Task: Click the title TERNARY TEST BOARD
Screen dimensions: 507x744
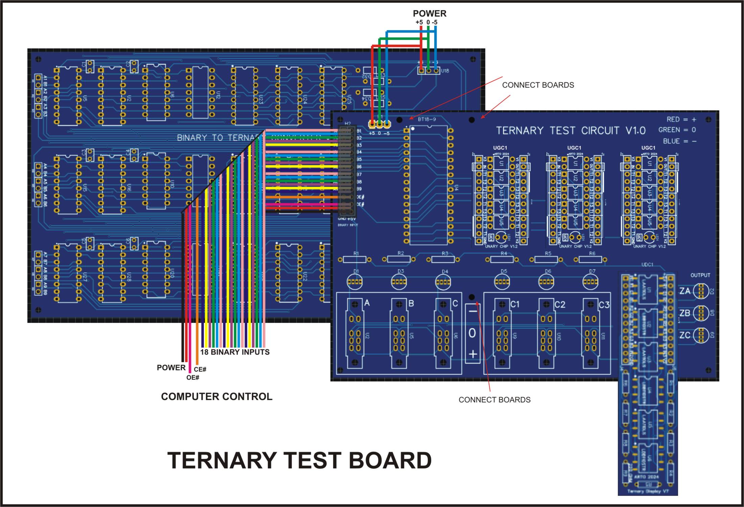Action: click(x=299, y=461)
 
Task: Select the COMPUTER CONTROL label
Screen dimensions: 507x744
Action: click(x=216, y=396)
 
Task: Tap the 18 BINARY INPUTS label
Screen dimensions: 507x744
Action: click(x=235, y=352)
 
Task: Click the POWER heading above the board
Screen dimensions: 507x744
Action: click(x=429, y=14)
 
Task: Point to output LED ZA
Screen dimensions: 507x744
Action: click(x=701, y=291)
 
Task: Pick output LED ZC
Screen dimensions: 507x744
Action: click(x=701, y=335)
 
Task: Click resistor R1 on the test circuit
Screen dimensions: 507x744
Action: click(x=355, y=260)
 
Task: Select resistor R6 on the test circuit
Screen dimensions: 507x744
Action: click(x=590, y=260)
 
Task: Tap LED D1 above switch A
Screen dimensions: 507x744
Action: click(x=355, y=282)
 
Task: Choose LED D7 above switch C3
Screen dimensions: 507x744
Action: click(x=590, y=282)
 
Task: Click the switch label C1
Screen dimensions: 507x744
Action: click(x=514, y=304)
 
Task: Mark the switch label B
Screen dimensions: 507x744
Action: click(x=411, y=303)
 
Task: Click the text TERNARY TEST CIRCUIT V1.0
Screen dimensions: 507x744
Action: click(x=571, y=130)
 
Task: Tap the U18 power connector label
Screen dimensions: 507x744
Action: click(x=445, y=71)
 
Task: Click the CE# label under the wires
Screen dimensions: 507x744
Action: click(x=200, y=369)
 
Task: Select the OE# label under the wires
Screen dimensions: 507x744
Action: click(x=193, y=377)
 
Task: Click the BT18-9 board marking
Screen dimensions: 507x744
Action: click(x=427, y=119)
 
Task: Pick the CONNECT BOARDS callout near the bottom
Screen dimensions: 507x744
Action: click(x=494, y=400)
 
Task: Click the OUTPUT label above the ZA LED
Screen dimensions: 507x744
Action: click(x=700, y=275)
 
